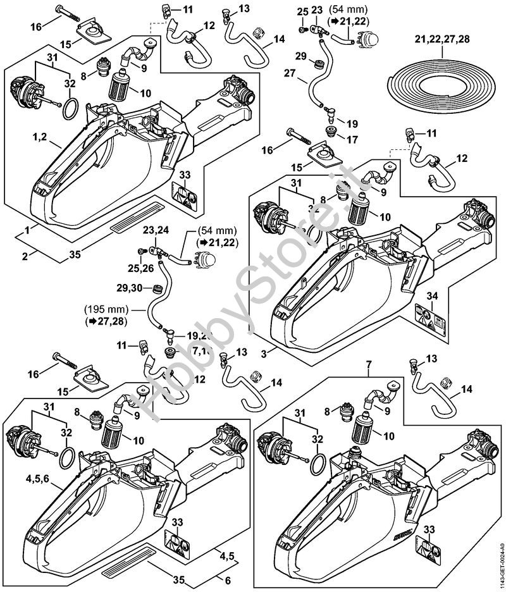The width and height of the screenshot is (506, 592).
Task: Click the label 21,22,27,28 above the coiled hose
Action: point(442,39)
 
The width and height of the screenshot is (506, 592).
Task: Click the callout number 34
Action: point(432,296)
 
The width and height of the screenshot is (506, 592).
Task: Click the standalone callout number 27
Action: point(290,73)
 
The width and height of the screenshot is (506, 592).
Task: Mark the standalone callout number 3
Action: point(272,350)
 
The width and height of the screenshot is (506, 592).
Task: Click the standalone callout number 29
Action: point(301,56)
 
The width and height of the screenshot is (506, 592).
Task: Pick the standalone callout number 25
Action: point(302,11)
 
